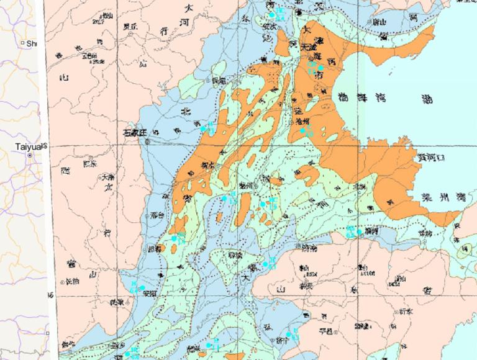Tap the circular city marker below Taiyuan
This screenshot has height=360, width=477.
(29, 155)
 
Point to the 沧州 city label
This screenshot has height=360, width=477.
(302, 121)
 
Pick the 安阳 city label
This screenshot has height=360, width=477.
(132, 294)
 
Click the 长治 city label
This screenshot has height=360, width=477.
(71, 281)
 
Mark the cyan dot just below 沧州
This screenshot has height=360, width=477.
(304, 130)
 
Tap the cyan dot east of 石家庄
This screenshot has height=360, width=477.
(202, 128)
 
